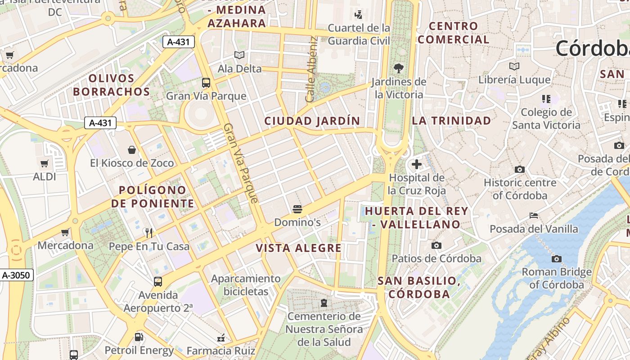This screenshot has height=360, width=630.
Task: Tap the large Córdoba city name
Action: pyautogui.click(x=592, y=49)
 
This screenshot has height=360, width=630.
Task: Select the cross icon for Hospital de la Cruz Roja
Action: pyautogui.click(x=417, y=164)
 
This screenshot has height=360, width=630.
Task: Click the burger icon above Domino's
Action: pyautogui.click(x=297, y=209)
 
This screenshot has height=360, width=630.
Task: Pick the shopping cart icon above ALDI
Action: pyautogui.click(x=44, y=163)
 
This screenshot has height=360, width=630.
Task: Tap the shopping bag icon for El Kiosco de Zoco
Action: pyautogui.click(x=132, y=149)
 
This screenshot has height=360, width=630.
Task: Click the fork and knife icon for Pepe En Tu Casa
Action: pyautogui.click(x=149, y=233)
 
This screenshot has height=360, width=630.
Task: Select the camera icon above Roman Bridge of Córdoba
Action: pyautogui.click(x=557, y=259)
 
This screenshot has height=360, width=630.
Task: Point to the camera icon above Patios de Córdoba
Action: pyautogui.click(x=436, y=245)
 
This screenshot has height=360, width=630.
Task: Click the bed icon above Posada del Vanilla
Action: pyautogui.click(x=534, y=216)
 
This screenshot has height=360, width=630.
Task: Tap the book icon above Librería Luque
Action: pyautogui.click(x=514, y=67)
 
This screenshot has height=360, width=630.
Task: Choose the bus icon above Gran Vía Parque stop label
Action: pyautogui.click(x=206, y=83)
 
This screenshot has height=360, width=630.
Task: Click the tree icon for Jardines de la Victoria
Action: pyautogui.click(x=398, y=68)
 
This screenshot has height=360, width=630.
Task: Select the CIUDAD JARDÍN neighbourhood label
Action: pyautogui.click(x=312, y=121)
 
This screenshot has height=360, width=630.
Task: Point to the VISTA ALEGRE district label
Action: pyautogui.click(x=299, y=248)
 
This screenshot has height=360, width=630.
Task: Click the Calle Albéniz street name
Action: pyautogui.click(x=311, y=69)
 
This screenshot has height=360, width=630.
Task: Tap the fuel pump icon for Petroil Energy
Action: pyautogui.click(x=139, y=337)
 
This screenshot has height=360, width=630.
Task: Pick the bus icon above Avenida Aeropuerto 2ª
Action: pyautogui.click(x=158, y=282)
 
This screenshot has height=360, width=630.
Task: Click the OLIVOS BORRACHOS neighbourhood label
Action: pyautogui.click(x=112, y=85)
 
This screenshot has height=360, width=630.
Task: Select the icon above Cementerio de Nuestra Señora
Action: pyautogui.click(x=324, y=303)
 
